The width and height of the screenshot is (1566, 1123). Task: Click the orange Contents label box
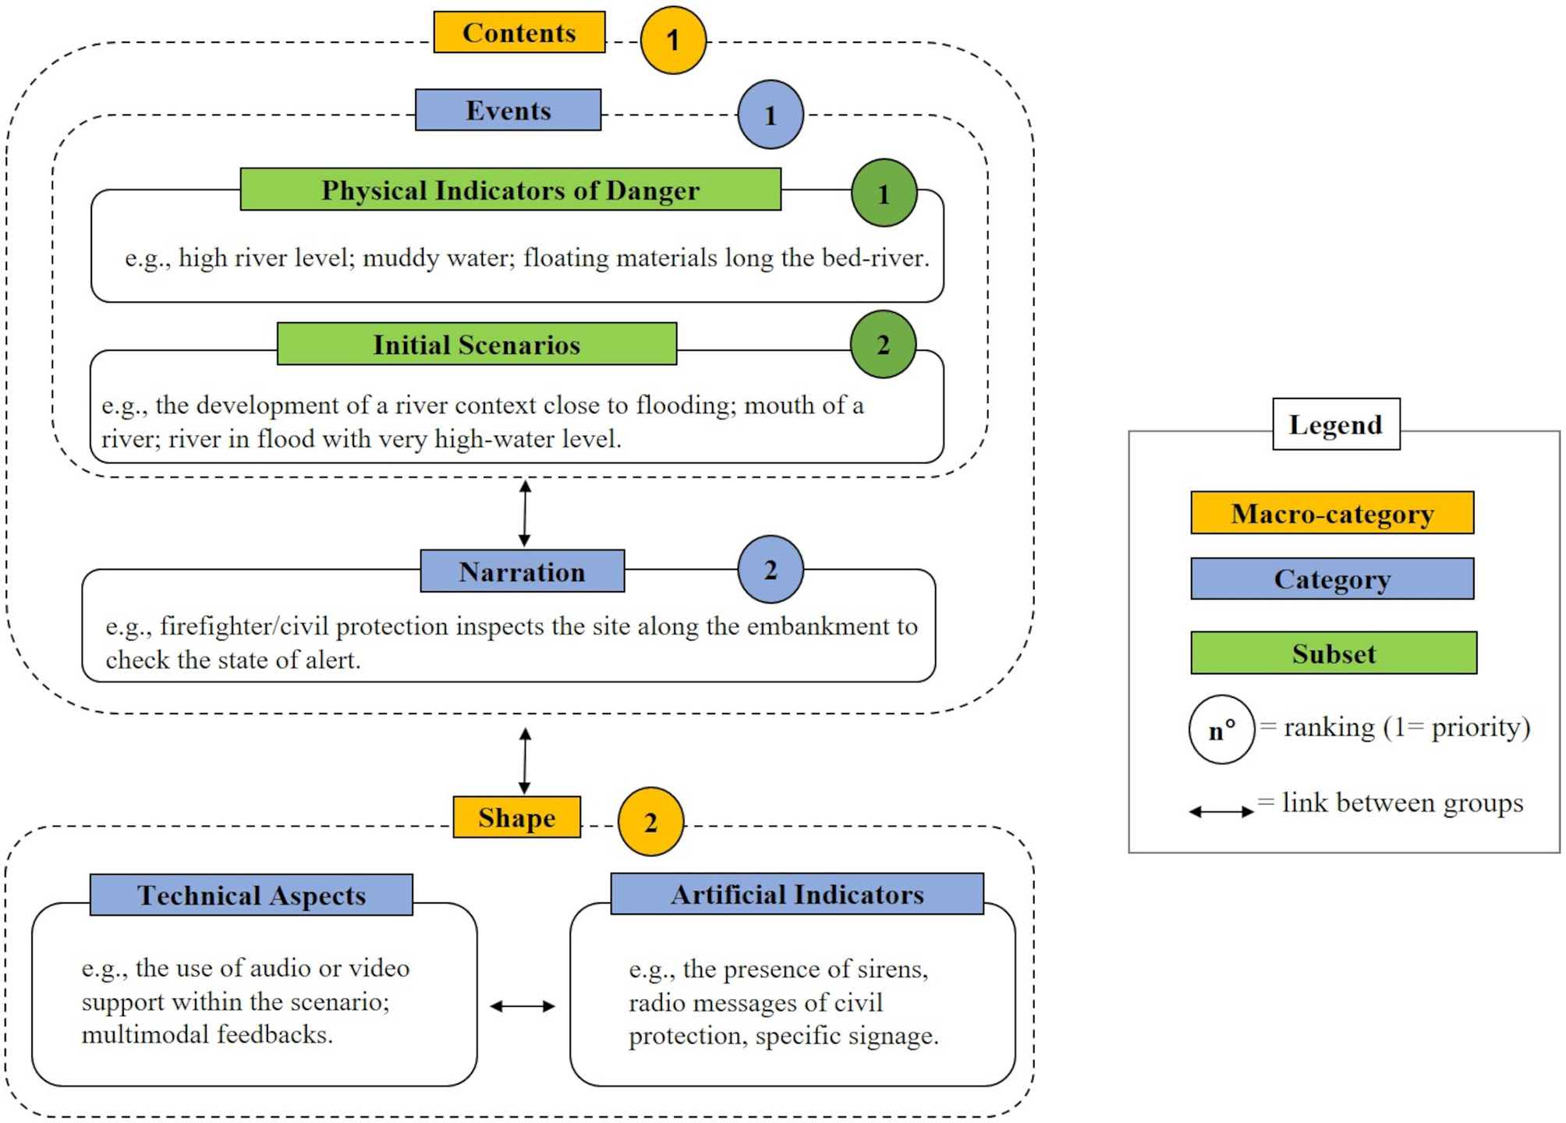pos(519,32)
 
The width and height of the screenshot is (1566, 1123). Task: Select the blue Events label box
pos(508,110)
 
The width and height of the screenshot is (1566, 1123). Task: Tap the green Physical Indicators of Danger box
pos(510,190)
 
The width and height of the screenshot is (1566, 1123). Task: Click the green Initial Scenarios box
pos(477,344)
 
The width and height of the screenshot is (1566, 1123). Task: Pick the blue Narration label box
pos(522,571)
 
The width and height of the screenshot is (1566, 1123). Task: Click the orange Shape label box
pos(516,817)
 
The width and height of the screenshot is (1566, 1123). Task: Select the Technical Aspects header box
pos(251,895)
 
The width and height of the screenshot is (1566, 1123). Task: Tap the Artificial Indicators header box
pos(796,894)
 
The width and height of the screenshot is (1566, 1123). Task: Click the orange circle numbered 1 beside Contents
pos(672,40)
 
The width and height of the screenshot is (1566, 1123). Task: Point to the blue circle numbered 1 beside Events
pos(770,115)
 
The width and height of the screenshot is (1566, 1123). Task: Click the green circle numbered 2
pos(883,344)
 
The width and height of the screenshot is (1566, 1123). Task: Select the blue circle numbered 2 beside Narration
pos(770,569)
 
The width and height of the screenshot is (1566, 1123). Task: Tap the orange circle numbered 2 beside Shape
pos(650,821)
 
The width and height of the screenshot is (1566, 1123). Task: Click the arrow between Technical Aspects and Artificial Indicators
pos(523,1006)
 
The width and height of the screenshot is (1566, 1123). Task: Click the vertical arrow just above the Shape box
pos(525,760)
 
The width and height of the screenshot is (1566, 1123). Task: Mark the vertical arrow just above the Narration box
pos(525,513)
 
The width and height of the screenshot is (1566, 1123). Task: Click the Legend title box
pos(1335,424)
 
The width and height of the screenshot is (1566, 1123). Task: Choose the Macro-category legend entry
pos(1331,513)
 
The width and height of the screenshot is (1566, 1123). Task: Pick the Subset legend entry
pos(1333,653)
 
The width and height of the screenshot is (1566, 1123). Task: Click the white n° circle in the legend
pos(1221,729)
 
